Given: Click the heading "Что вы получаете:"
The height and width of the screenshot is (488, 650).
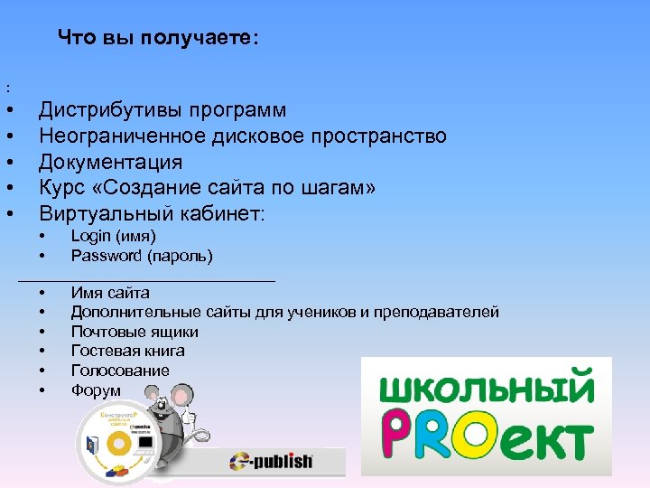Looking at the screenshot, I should pyautogui.click(x=158, y=37).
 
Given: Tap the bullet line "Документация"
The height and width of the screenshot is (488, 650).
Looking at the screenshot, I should pyautogui.click(x=110, y=163).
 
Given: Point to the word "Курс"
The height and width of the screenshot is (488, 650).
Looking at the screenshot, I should pyautogui.click(x=61, y=188).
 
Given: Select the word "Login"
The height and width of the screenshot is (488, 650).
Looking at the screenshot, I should pyautogui.click(x=90, y=236).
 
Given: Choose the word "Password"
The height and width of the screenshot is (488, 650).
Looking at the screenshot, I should pyautogui.click(x=106, y=256).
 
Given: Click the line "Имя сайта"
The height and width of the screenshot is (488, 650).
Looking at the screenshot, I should pyautogui.click(x=110, y=293).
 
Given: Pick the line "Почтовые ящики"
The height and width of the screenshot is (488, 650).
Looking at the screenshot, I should pyautogui.click(x=135, y=332).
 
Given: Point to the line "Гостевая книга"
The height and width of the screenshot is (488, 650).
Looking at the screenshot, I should pyautogui.click(x=127, y=351).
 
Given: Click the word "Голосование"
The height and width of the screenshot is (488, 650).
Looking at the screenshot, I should pyautogui.click(x=120, y=371).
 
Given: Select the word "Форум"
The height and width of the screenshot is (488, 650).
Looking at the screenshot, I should pyautogui.click(x=96, y=390).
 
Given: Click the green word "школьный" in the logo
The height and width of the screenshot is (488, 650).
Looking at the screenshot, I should pyautogui.click(x=486, y=389).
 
